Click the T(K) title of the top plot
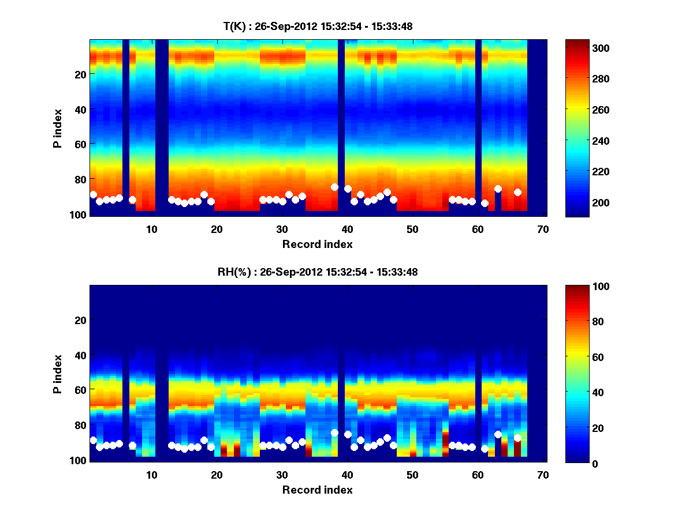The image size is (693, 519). pos(318,26)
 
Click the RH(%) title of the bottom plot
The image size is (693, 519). pos(318,272)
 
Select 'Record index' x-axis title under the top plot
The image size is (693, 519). pos(318,244)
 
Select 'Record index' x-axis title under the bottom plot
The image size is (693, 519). pos(318,490)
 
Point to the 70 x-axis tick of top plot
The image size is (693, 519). pos(542,229)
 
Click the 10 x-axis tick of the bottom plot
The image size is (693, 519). pos(151,475)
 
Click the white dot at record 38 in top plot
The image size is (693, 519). pos(334,187)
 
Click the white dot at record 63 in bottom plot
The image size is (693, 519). pos(498,434)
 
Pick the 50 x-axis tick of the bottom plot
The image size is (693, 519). pos(412,475)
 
